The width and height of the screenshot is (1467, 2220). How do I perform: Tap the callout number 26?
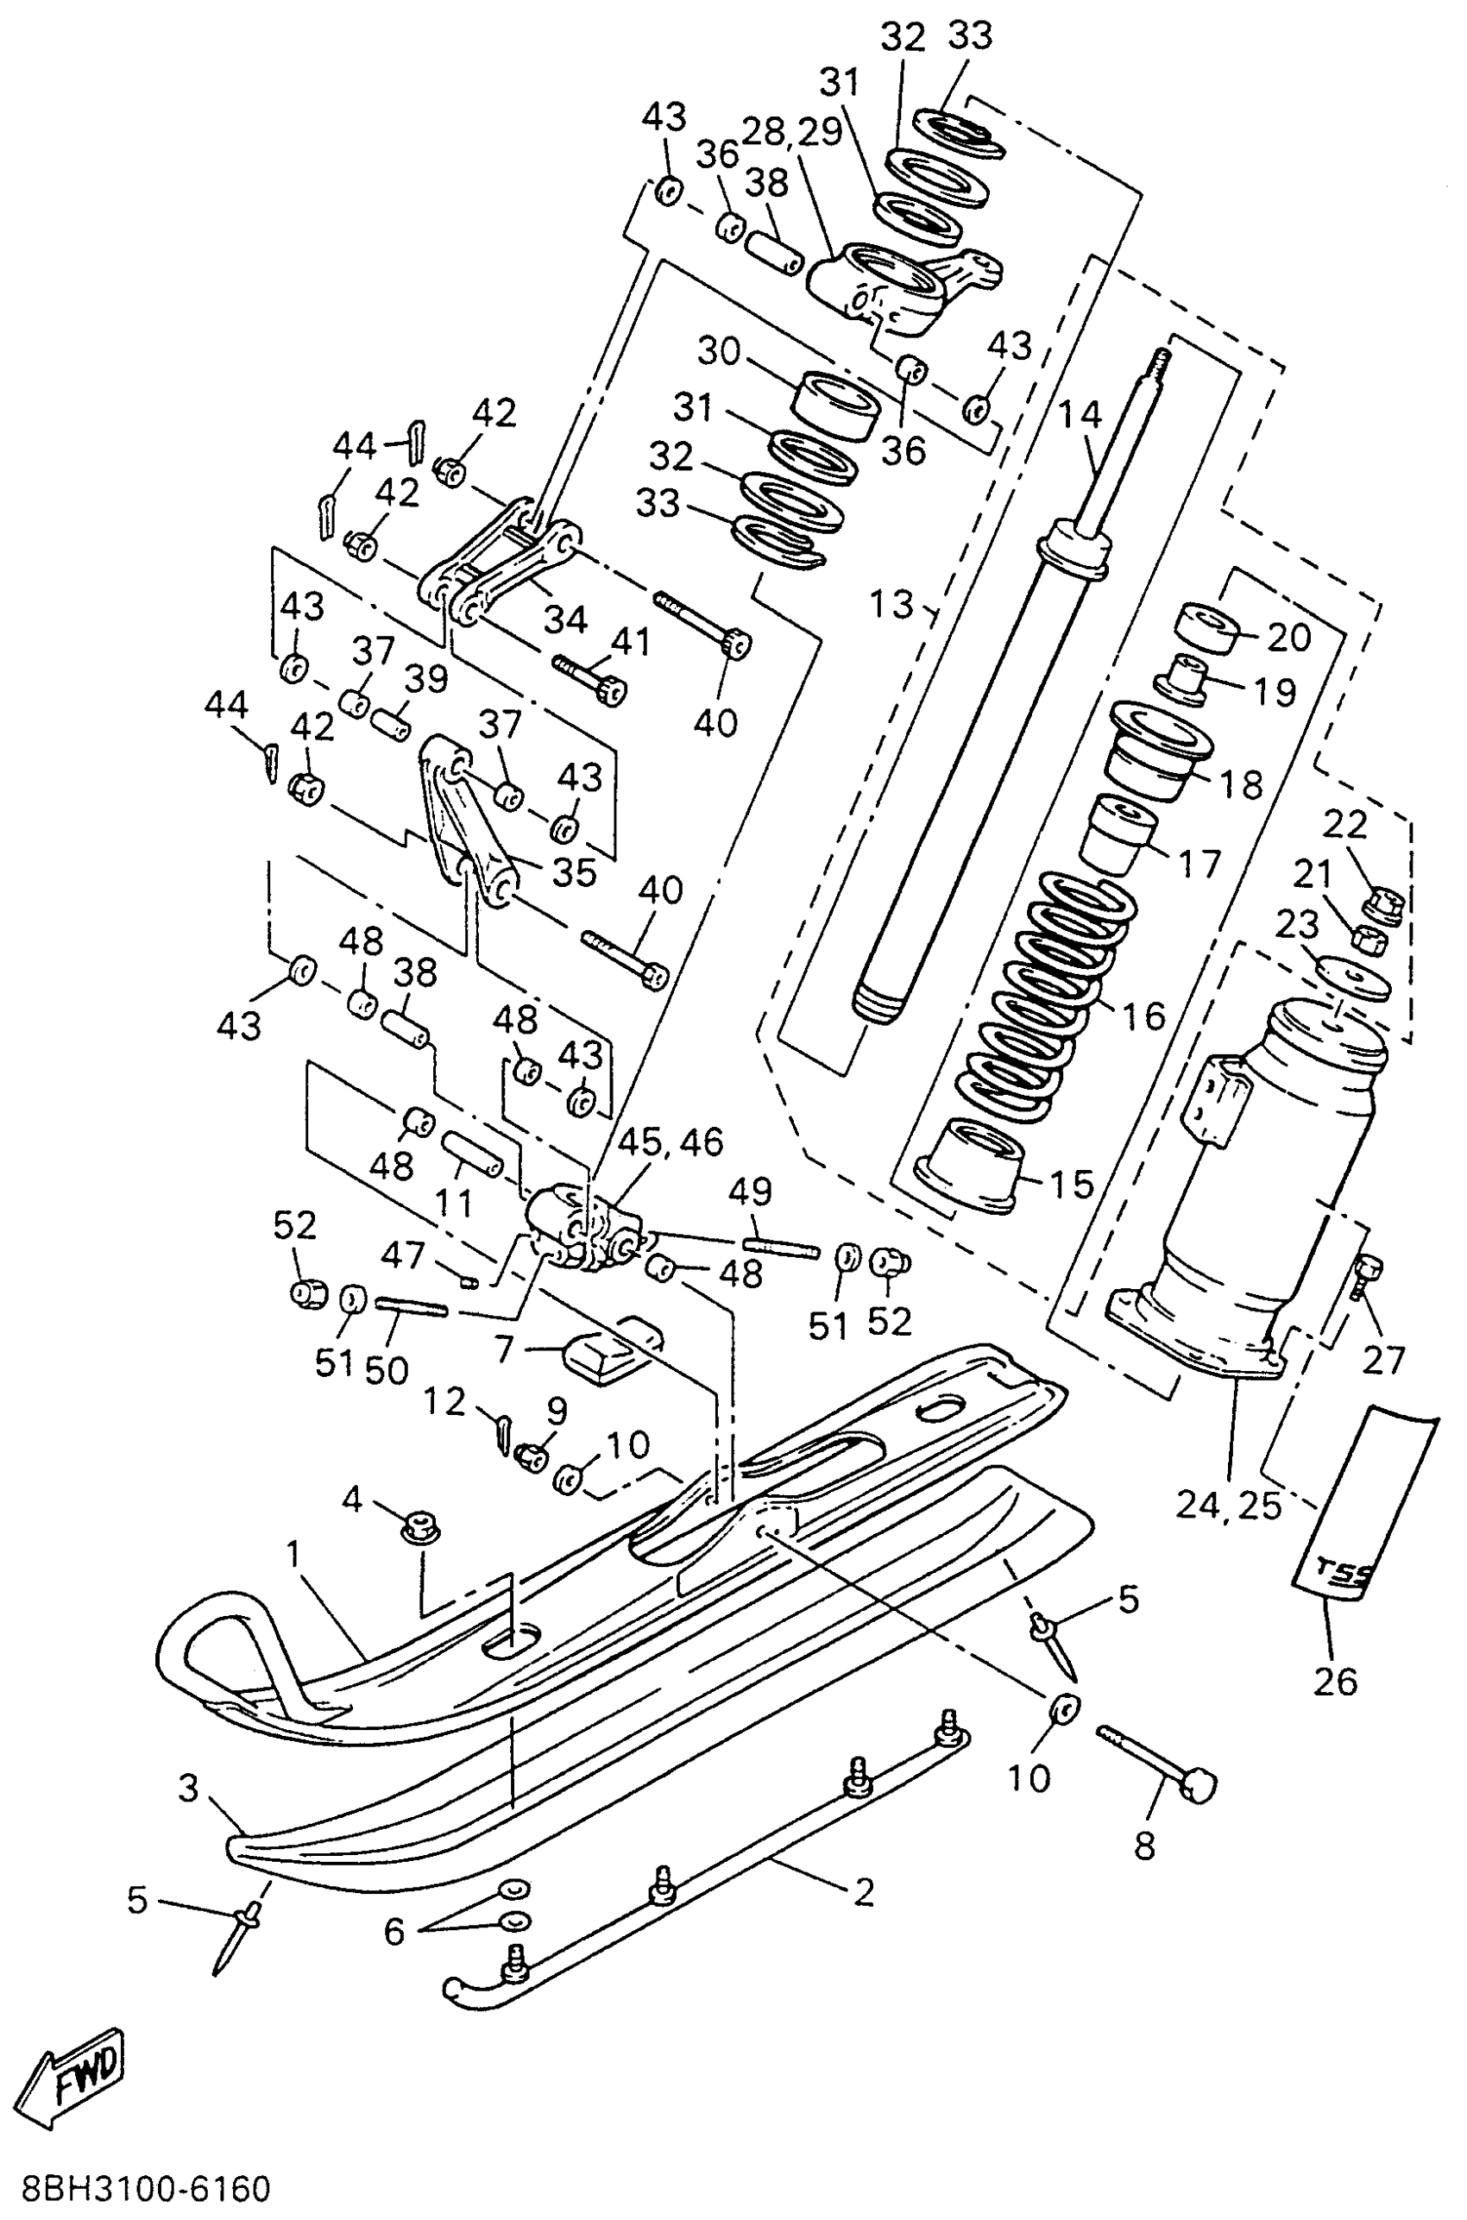click(x=1335, y=1681)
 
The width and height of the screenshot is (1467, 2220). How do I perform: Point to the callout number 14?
click(x=1080, y=414)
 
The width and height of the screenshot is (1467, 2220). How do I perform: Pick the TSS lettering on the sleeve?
click(x=1344, y=1573)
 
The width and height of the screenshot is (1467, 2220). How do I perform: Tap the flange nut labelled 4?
click(x=422, y=1531)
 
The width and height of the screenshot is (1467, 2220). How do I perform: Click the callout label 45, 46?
click(x=670, y=1141)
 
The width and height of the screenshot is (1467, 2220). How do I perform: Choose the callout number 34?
click(x=565, y=619)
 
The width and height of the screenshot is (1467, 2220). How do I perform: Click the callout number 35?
click(x=574, y=872)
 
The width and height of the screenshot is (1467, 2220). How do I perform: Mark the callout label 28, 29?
click(x=791, y=132)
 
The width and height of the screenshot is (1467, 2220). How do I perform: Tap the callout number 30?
click(x=719, y=352)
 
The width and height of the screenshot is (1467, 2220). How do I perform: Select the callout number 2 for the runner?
click(x=863, y=1891)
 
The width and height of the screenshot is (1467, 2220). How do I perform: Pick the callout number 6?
click(x=394, y=1930)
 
